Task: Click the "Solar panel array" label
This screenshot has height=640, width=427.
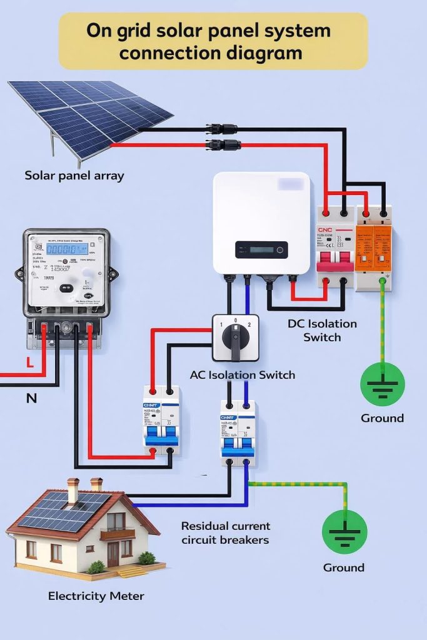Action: coord(74,176)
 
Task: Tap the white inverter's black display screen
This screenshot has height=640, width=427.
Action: coord(261,250)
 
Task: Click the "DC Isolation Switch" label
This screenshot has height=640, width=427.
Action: coord(322,331)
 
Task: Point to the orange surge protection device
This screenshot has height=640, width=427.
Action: coord(373,247)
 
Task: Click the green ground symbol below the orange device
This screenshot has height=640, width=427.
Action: coord(383,384)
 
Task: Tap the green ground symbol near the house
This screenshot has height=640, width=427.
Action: coord(344,532)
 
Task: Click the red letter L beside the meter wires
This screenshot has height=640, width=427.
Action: coord(29,361)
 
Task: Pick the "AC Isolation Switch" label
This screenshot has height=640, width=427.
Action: coord(243,375)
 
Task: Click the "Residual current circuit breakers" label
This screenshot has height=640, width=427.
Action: coord(226,532)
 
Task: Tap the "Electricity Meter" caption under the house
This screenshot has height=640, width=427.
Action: coord(96,596)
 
